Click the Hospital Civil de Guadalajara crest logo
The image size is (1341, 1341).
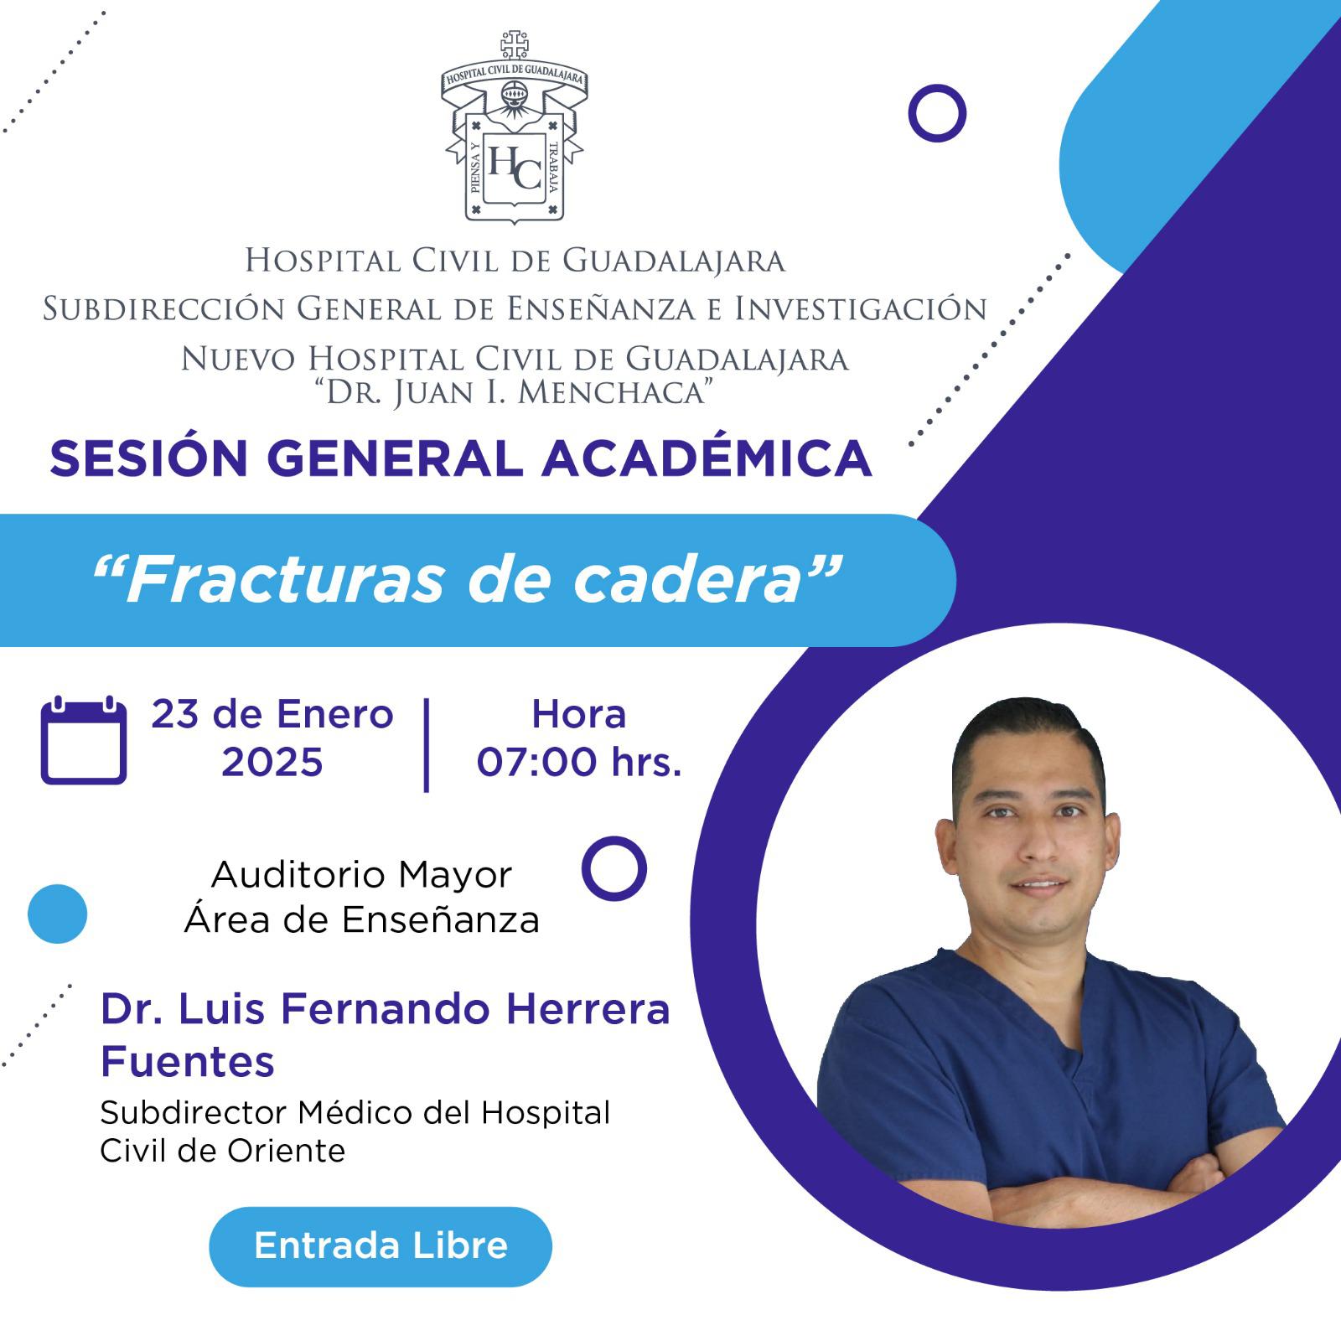(513, 127)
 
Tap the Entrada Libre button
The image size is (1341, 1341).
(381, 1246)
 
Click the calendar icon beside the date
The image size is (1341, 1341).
(84, 740)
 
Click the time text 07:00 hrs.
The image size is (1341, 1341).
(579, 763)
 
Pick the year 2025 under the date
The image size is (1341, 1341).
(272, 763)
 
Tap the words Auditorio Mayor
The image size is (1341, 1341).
(361, 875)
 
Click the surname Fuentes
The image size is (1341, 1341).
(188, 1062)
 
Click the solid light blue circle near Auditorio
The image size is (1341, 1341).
(57, 914)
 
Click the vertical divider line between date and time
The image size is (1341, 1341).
(427, 744)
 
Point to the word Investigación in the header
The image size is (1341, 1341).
(861, 309)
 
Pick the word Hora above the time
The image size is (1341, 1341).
(579, 715)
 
